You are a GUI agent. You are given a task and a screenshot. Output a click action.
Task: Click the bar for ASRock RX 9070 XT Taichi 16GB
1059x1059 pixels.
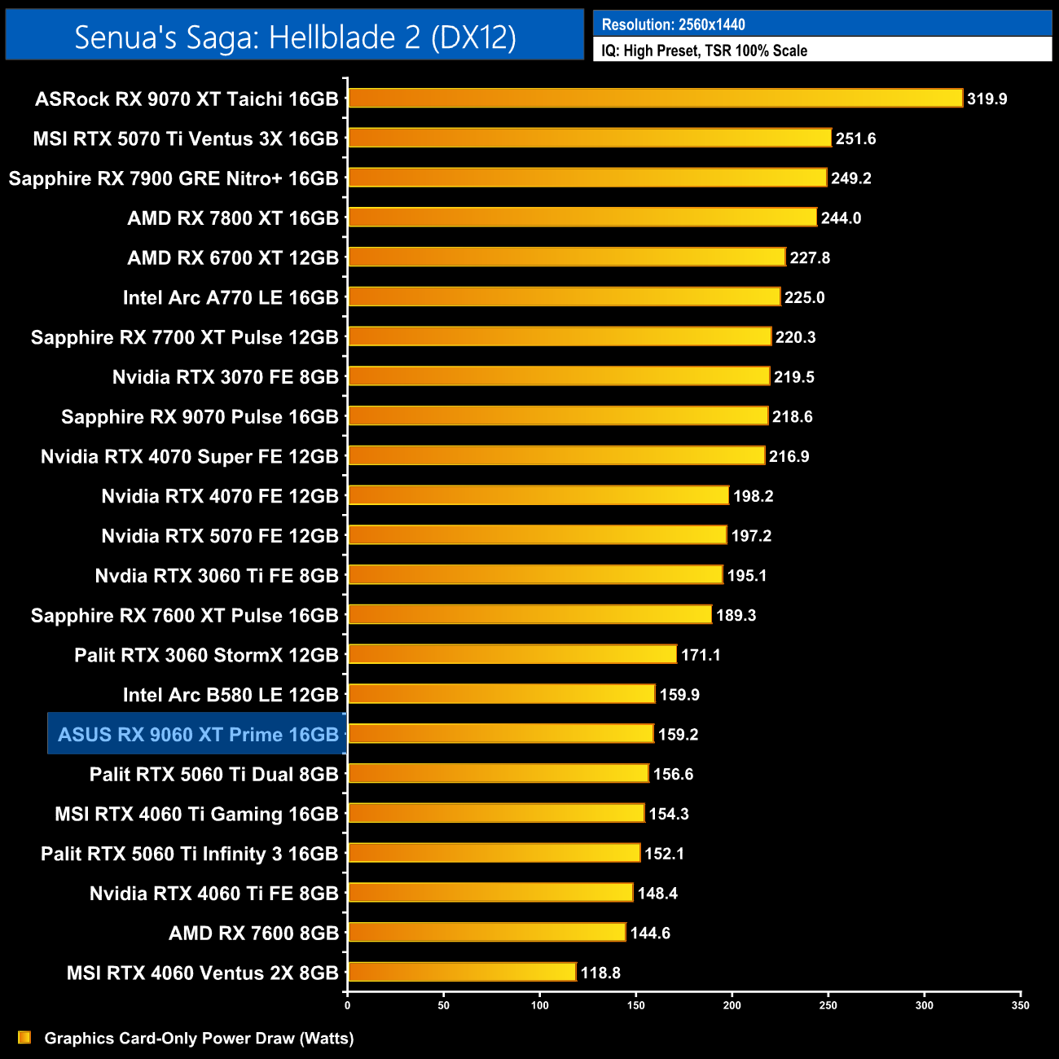point(655,99)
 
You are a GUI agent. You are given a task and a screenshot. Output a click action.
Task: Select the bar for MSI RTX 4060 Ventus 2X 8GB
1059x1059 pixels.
point(462,972)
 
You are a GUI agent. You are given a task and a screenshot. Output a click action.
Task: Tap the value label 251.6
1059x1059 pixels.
point(855,138)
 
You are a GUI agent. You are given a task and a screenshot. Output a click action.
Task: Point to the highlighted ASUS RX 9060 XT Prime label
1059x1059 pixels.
point(198,735)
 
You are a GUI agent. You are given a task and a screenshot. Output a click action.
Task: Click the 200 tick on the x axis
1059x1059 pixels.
point(732,1005)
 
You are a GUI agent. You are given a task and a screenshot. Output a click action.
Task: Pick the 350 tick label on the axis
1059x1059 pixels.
point(1020,1005)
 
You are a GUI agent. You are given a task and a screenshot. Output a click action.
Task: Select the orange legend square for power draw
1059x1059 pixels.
point(24,1038)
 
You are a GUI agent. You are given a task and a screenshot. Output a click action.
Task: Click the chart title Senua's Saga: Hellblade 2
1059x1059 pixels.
point(295,37)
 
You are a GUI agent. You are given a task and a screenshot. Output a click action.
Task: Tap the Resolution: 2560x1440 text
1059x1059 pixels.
point(673,24)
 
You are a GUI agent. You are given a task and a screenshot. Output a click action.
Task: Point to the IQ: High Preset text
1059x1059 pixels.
point(704,51)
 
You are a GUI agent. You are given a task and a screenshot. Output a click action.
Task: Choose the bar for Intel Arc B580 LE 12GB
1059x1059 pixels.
point(501,694)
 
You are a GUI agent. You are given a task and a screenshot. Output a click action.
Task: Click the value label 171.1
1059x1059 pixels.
point(701,655)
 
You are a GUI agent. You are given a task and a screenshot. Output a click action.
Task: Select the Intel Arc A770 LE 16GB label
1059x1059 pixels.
point(231,297)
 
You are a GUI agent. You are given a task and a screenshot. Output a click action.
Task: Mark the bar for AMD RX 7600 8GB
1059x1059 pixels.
point(486,933)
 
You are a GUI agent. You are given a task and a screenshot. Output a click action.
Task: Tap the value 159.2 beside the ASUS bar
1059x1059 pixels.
point(678,735)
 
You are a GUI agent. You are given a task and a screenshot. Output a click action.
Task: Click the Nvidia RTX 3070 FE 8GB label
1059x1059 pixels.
point(225,377)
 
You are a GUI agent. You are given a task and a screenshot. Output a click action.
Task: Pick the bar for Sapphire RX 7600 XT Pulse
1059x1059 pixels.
point(529,615)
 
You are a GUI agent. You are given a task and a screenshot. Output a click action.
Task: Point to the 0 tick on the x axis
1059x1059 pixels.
point(348,1005)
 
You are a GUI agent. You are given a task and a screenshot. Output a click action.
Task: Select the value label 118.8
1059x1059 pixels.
point(600,973)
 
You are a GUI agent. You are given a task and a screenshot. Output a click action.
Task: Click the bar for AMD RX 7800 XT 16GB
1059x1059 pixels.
point(582,218)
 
